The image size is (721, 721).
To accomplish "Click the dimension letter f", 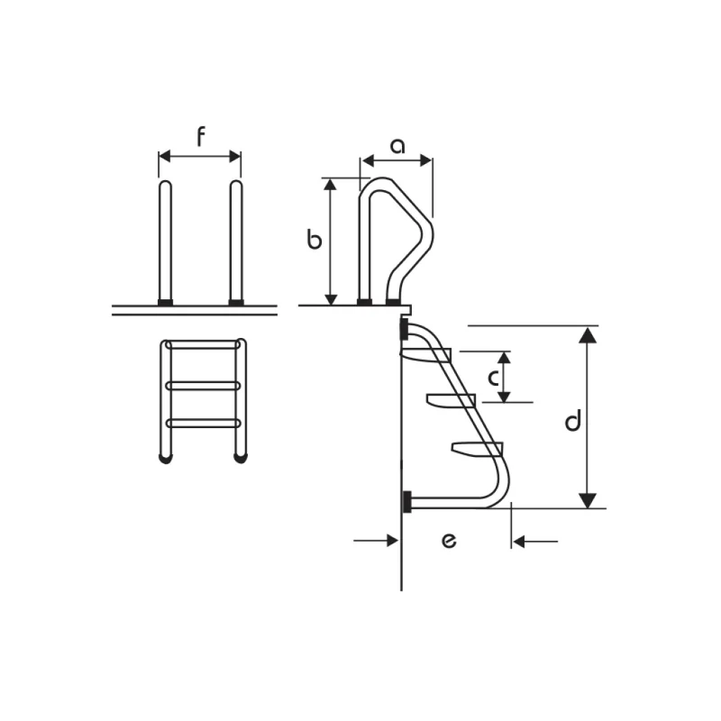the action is (200, 137).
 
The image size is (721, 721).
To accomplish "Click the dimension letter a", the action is (397, 146).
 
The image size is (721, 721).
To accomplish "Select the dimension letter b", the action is (314, 240).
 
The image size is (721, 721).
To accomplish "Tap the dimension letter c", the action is (493, 378).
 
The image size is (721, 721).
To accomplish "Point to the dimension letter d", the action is (573, 420).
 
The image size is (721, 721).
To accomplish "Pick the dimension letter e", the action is (449, 541).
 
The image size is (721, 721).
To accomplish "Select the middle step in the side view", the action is (451, 400).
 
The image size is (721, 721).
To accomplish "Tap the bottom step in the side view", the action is (478, 448).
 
